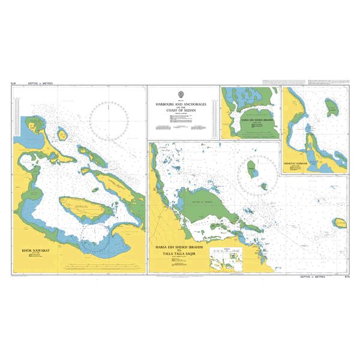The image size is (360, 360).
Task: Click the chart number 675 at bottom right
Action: click(346, 277)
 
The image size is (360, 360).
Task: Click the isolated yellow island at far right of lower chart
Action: click(341, 224)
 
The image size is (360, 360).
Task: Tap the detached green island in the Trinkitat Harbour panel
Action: click(331, 109)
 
